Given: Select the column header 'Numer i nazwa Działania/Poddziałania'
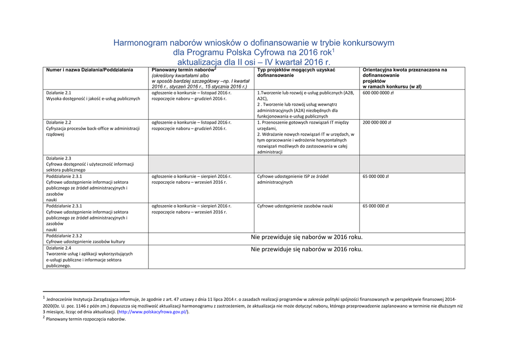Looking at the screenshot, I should (x=90, y=70).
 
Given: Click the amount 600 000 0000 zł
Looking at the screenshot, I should (x=378, y=93).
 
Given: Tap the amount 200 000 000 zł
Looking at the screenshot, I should (x=377, y=123).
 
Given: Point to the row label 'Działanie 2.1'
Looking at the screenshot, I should (x=59, y=93).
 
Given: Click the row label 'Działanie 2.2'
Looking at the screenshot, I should (x=59, y=123).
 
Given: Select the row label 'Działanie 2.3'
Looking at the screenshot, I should (x=59, y=158).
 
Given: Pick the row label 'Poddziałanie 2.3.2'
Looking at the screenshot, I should (x=64, y=236).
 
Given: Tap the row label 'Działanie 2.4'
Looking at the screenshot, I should (x=59, y=248).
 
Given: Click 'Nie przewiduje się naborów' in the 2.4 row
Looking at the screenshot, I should (x=307, y=249).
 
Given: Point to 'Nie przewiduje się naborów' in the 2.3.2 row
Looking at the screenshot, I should (x=307, y=237).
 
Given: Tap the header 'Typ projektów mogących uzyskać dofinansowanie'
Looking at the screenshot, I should (x=296, y=72).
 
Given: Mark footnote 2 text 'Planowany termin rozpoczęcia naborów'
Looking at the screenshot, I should (x=86, y=319).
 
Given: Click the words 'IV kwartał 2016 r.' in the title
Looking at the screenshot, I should (x=298, y=63).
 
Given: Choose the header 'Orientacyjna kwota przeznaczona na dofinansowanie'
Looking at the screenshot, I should (x=404, y=72).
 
